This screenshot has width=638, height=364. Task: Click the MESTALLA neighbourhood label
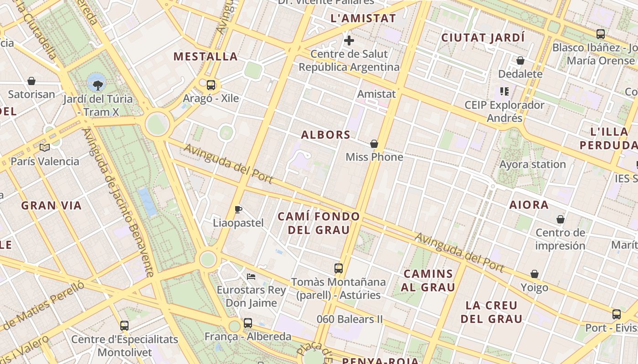tap(206, 56)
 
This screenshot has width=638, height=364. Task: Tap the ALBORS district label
tap(326, 135)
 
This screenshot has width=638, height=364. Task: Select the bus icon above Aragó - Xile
tap(211, 85)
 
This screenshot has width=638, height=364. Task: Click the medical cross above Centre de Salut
tap(349, 40)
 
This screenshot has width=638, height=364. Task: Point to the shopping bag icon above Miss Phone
tap(374, 144)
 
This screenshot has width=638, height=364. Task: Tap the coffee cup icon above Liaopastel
tap(238, 209)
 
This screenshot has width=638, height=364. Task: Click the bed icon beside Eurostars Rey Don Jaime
tap(251, 276)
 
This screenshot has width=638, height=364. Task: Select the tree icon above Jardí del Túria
tap(97, 84)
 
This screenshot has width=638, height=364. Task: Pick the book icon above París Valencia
tap(45, 147)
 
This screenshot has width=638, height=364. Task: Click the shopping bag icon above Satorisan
tap(31, 81)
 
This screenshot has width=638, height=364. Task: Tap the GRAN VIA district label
tap(51, 206)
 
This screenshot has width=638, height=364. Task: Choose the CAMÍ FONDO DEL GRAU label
tap(319, 223)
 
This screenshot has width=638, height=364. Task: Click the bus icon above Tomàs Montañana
tap(338, 268)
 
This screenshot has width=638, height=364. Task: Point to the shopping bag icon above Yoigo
tap(535, 274)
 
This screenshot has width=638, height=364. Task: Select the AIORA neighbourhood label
tap(529, 205)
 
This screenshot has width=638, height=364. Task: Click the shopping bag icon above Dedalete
tap(520, 61)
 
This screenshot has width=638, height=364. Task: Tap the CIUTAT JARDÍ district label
tap(483, 38)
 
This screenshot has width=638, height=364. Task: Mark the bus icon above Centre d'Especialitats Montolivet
tap(124, 325)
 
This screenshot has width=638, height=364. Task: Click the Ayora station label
tap(533, 164)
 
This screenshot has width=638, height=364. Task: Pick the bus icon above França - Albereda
tap(247, 323)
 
